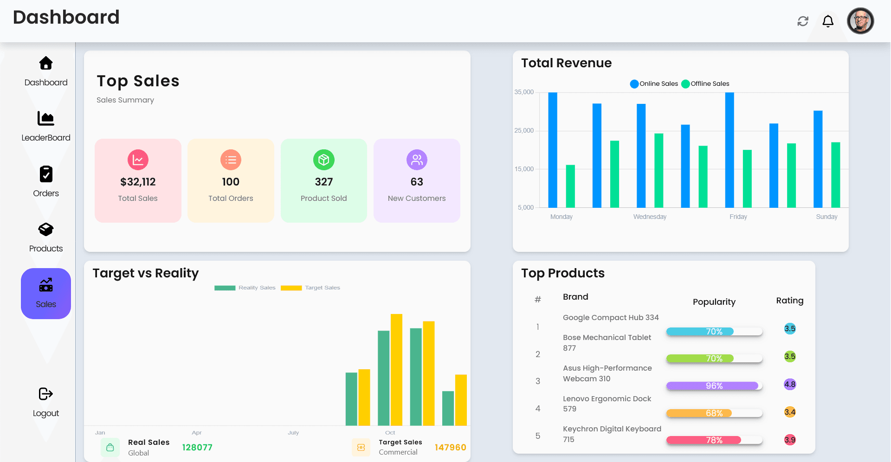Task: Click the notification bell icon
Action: click(828, 21)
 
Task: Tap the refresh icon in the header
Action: click(803, 21)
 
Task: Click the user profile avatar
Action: click(860, 21)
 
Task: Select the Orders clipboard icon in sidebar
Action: click(46, 174)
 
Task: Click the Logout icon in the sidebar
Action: click(46, 394)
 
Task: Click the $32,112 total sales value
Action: click(138, 182)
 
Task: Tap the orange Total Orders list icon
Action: click(231, 160)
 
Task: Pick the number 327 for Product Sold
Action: click(324, 182)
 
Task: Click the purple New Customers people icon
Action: click(417, 160)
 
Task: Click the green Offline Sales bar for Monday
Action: click(570, 186)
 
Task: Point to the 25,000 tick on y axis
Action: click(524, 131)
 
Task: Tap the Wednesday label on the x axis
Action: click(650, 217)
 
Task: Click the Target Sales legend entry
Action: click(311, 288)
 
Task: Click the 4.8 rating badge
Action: click(790, 384)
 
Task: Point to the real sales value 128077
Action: click(197, 447)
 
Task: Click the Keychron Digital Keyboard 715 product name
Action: click(612, 434)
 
